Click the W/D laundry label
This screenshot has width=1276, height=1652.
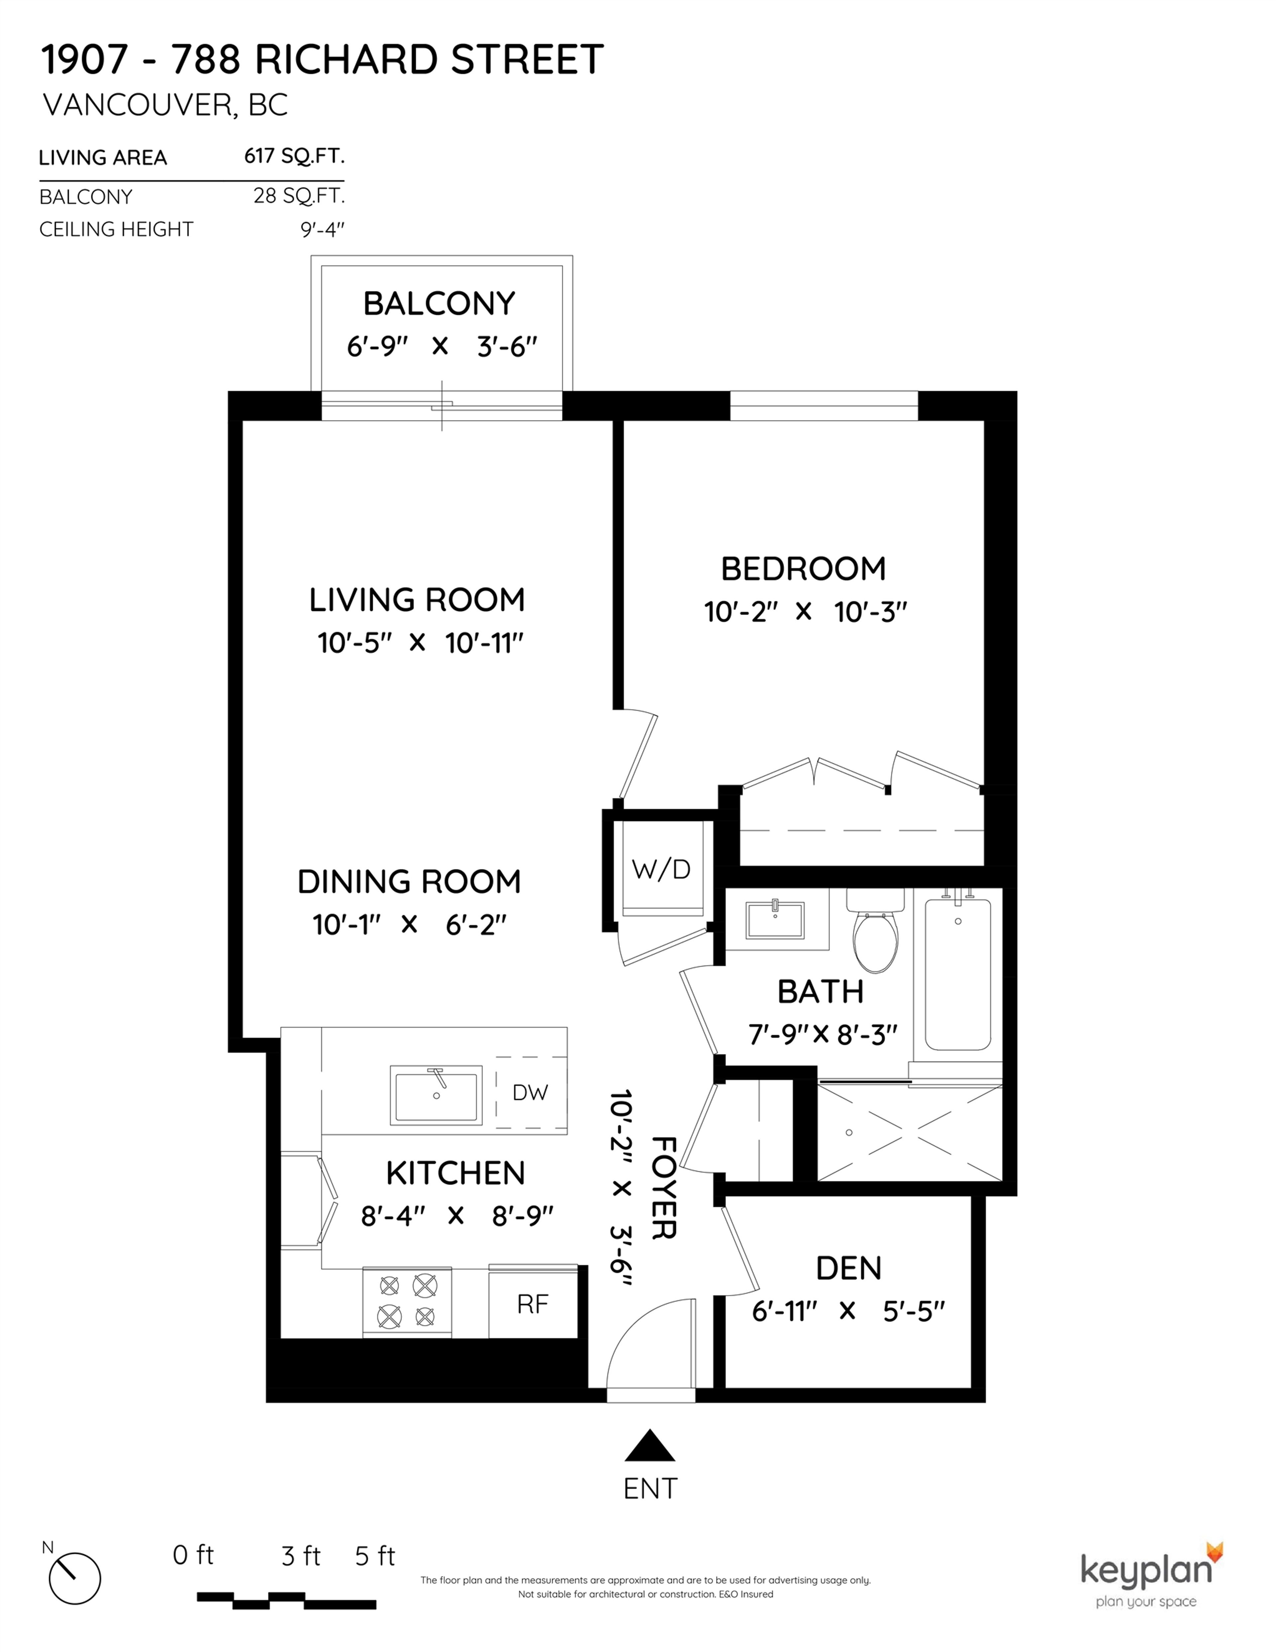pyautogui.click(x=661, y=870)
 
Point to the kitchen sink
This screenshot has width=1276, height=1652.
pyautogui.click(x=436, y=1095)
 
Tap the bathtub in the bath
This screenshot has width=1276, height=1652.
pyautogui.click(x=958, y=974)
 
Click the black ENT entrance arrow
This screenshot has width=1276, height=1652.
pyautogui.click(x=649, y=1446)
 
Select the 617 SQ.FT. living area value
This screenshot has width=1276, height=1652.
pyautogui.click(x=294, y=156)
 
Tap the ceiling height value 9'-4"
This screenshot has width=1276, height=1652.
pyautogui.click(x=322, y=229)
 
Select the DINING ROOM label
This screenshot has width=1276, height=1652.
pyautogui.click(x=409, y=881)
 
